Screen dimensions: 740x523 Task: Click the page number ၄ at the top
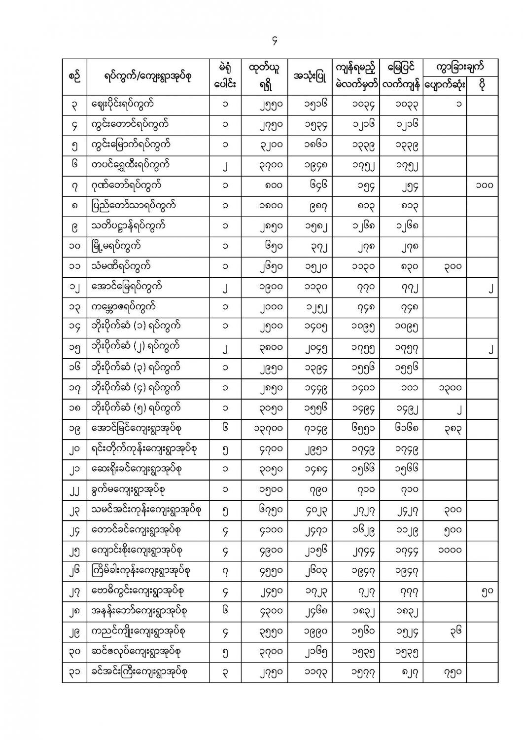pos(275,41)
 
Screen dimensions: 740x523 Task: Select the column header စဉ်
pos(74,76)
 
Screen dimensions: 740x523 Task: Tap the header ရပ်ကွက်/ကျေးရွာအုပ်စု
pos(148,76)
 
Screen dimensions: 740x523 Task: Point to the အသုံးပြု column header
pos(309,77)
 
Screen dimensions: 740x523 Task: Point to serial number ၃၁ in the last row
pos(74,672)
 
